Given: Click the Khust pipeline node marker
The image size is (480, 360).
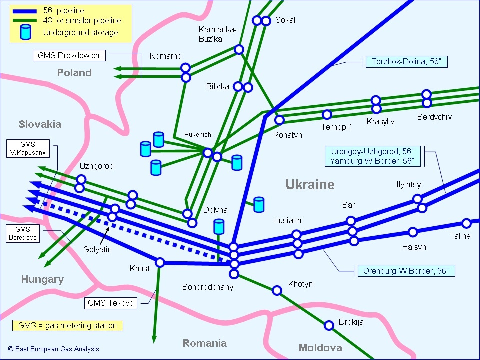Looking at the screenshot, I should pos(160,262).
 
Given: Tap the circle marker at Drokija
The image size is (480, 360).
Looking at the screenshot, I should pos(329,325).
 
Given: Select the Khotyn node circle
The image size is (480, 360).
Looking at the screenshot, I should pos(277,290).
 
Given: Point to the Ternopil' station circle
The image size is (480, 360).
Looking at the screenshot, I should pos(327,115).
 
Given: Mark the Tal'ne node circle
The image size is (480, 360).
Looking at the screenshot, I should pos(466,223).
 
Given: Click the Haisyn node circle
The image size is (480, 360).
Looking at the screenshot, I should pos(413,232).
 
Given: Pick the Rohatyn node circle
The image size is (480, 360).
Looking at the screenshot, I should pos(279,120).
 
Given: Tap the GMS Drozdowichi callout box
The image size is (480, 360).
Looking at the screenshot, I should pos(69,56).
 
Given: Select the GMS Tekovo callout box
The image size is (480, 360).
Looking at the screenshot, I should pos(111,303).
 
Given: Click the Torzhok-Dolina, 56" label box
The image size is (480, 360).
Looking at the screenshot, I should pos(407,62).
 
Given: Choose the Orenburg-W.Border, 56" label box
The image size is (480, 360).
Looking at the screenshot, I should pos(405,271).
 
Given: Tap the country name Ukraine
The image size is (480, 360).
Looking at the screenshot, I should pos(310,185).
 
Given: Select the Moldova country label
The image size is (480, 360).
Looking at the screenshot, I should pos(320,348).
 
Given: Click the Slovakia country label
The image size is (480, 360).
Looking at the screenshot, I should pos(40,124).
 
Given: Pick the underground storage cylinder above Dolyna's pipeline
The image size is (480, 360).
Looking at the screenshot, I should pos(219,226).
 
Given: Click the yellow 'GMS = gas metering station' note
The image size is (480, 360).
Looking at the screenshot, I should pos(67,326).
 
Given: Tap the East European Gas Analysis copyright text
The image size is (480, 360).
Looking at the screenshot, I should pos(53,349).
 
